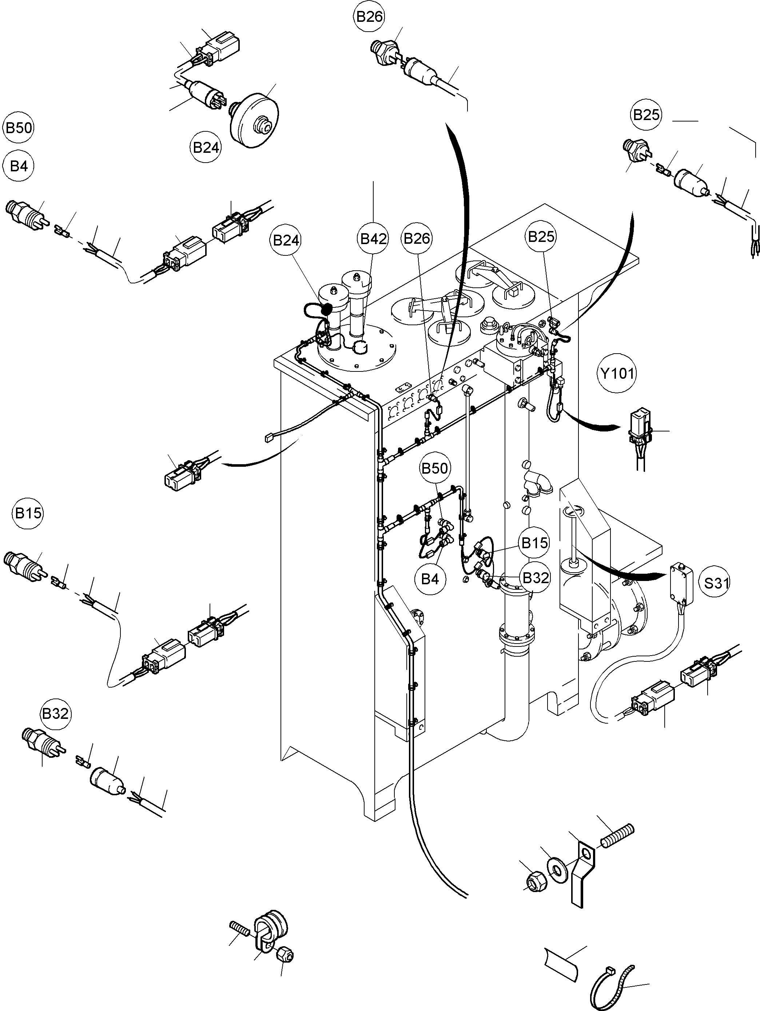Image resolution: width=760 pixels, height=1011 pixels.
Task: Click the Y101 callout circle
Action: pos(617,373)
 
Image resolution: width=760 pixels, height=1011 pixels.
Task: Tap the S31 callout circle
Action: pos(716,583)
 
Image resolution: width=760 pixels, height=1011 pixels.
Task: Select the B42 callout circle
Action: pos(373,238)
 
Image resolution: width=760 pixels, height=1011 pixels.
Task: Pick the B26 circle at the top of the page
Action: pos(369,17)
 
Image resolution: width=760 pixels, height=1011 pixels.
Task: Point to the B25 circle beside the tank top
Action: pos(542,236)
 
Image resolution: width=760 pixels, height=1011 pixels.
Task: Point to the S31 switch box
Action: pos(681,583)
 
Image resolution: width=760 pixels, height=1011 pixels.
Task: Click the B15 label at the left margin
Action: pos(28,513)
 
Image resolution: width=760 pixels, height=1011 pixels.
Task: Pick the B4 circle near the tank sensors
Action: pos(430,579)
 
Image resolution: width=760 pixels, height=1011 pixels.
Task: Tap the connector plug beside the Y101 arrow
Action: pos(640,428)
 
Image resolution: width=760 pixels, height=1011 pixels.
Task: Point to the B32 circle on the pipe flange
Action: pos(535,578)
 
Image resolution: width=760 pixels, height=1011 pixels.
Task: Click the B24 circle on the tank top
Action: pos(286,240)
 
